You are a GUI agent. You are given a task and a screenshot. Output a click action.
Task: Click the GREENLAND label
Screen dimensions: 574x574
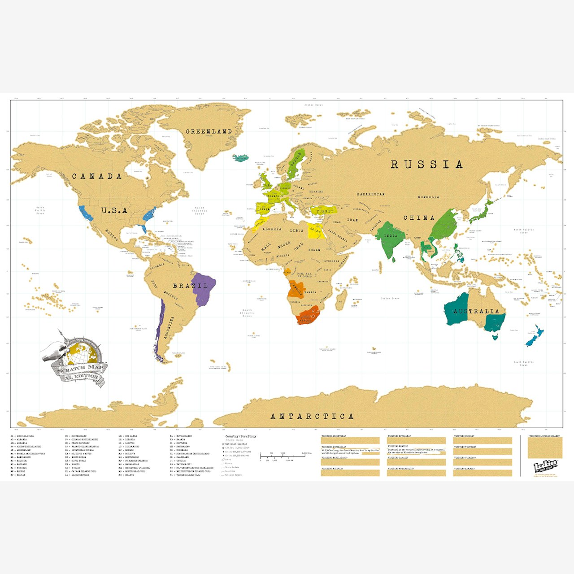209,132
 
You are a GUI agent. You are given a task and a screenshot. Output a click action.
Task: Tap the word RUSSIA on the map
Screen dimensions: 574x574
426,165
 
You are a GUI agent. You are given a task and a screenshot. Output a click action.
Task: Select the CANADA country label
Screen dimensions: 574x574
97,176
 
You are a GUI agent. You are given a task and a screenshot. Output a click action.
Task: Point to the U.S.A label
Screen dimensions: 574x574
114,210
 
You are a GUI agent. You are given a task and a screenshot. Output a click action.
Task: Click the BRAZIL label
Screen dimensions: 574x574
191,286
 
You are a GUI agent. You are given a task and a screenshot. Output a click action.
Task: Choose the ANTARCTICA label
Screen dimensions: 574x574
312,417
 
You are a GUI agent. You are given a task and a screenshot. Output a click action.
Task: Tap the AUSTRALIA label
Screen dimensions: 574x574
476,311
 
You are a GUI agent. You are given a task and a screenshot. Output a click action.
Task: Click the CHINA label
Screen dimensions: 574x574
419,218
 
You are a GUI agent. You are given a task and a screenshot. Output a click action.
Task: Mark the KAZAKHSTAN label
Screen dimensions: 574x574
370,194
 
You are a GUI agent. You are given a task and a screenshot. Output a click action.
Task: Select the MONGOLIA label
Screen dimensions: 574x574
428,197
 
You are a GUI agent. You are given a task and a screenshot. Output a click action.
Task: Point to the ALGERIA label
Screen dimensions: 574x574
272,229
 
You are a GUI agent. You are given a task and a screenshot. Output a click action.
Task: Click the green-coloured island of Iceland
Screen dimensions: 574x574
242,158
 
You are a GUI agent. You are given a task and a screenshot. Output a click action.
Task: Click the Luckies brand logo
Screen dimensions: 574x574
545,466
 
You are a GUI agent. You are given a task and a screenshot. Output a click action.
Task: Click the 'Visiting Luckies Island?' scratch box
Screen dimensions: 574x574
545,448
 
